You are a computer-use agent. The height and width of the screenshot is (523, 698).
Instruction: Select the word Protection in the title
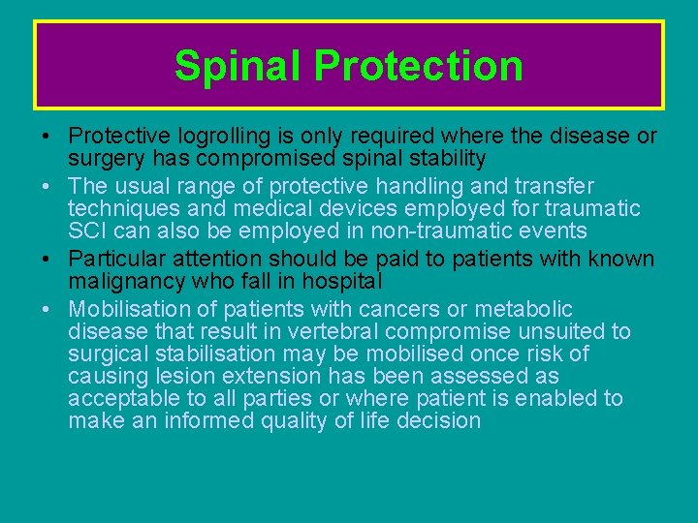coord(419,66)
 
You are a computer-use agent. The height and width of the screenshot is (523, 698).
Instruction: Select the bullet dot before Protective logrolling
coord(48,137)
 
